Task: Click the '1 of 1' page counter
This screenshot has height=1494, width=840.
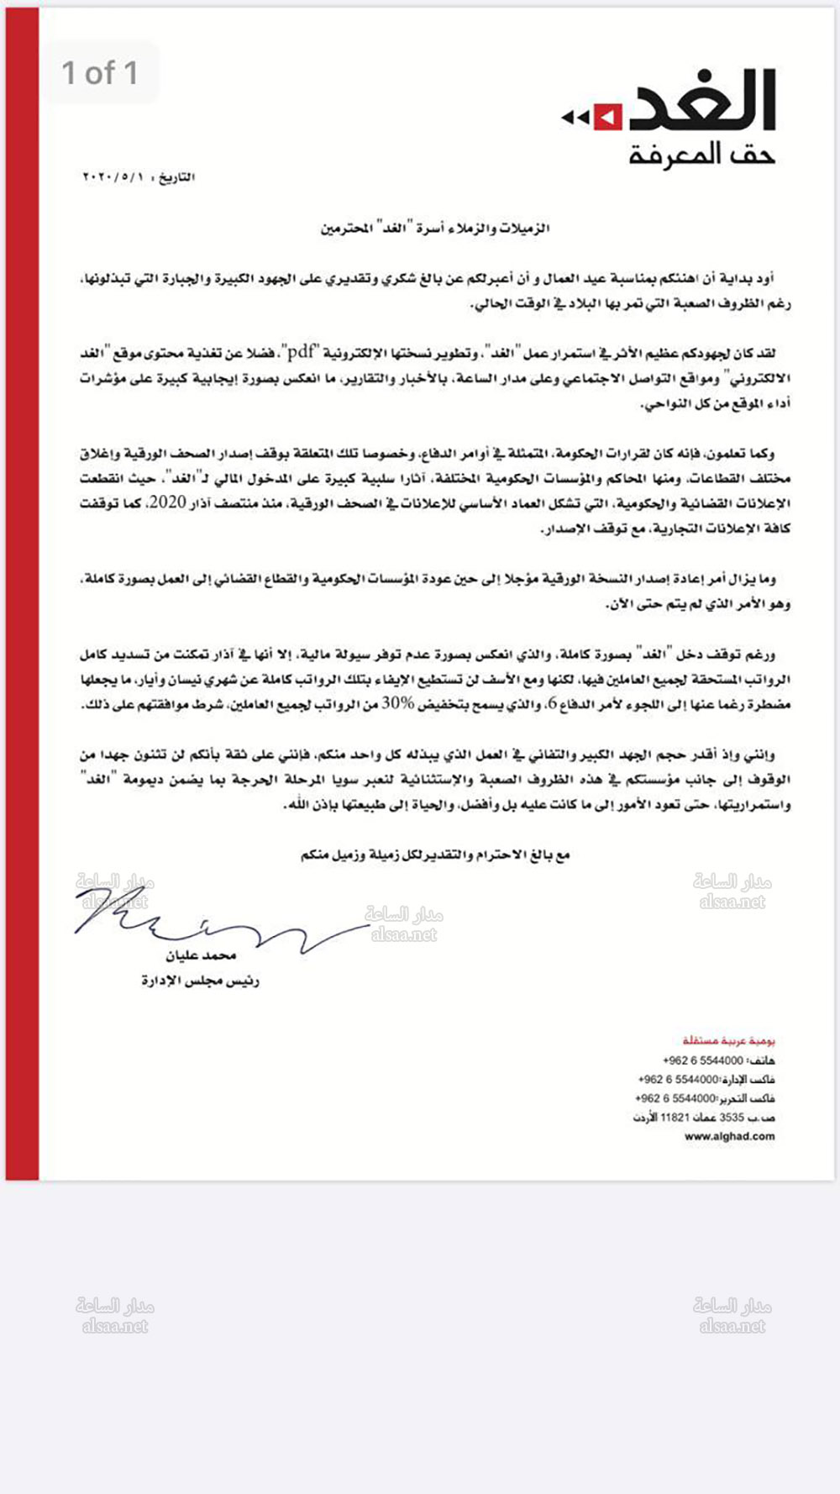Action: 100,73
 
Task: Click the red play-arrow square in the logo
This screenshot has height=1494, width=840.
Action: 607,117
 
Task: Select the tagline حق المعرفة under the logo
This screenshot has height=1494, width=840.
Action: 702,155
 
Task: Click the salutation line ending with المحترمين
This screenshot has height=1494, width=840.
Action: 435,229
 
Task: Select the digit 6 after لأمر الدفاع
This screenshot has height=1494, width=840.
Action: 551,704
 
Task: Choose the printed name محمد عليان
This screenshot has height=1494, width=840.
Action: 201,956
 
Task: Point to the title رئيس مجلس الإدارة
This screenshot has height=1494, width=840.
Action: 201,981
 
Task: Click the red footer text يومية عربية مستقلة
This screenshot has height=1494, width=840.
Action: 729,1041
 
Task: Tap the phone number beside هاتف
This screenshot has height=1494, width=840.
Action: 703,1060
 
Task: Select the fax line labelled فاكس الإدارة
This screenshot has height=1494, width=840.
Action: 706,1080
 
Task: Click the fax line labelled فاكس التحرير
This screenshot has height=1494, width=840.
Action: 705,1099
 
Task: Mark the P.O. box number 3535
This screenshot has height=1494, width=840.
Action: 732,1118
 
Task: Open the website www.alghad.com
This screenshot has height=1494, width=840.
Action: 729,1137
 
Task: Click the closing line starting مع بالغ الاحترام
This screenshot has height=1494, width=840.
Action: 435,855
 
